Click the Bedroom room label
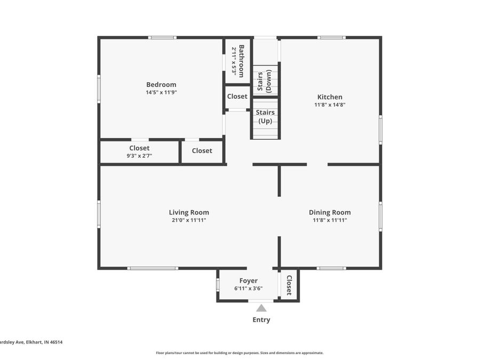161,84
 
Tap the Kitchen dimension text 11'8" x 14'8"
330,105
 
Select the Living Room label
189,212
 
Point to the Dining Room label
330,212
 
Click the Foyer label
248,281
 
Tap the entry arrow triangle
261,308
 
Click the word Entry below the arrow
261,320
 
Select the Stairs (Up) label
265,116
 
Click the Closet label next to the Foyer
289,285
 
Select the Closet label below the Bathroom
237,97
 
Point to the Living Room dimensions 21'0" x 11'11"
189,220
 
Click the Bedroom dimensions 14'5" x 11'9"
161,92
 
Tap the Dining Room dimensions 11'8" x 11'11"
330,220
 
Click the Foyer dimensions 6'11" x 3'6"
248,289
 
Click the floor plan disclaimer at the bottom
239,353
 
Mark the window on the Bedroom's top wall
162,37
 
